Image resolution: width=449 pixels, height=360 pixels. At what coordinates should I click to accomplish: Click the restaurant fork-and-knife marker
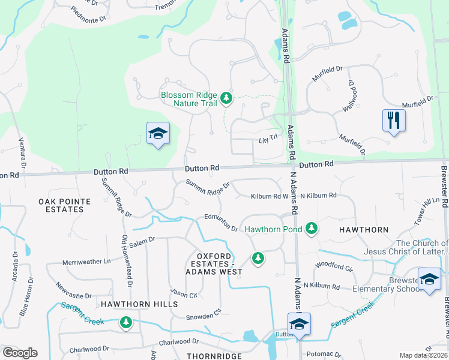coord(394,120)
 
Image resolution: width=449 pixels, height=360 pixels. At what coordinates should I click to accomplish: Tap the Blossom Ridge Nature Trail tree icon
coord(226,97)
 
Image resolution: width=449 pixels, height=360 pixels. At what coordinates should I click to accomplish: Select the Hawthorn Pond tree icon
coord(311,228)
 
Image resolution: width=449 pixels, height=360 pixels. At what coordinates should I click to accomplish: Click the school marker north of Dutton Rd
coord(158,133)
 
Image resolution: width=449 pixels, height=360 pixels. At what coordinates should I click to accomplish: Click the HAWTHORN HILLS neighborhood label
coord(139,304)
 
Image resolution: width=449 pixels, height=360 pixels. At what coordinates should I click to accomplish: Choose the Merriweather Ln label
coord(87,262)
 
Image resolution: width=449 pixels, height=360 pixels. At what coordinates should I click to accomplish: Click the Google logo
coord(20,353)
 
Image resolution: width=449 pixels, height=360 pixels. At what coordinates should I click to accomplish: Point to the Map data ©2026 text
coord(423,355)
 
